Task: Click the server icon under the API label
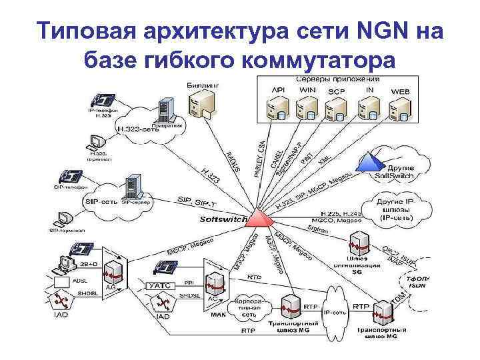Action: point(275,105)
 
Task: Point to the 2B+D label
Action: point(89,265)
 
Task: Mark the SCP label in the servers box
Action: point(336,91)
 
